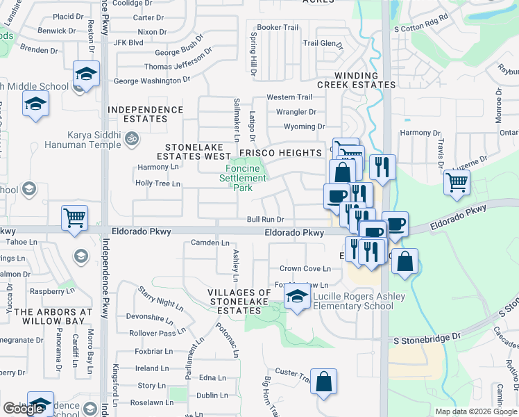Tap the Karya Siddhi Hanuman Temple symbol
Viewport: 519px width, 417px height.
coord(129,140)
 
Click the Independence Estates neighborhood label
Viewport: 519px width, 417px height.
coord(146,114)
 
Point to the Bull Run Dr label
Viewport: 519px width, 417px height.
coord(266,220)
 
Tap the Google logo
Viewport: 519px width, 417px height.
coord(23,409)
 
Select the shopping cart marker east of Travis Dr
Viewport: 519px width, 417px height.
coord(457,182)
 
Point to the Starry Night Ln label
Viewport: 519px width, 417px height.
coord(160,297)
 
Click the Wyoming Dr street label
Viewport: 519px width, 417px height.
coord(304,126)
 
